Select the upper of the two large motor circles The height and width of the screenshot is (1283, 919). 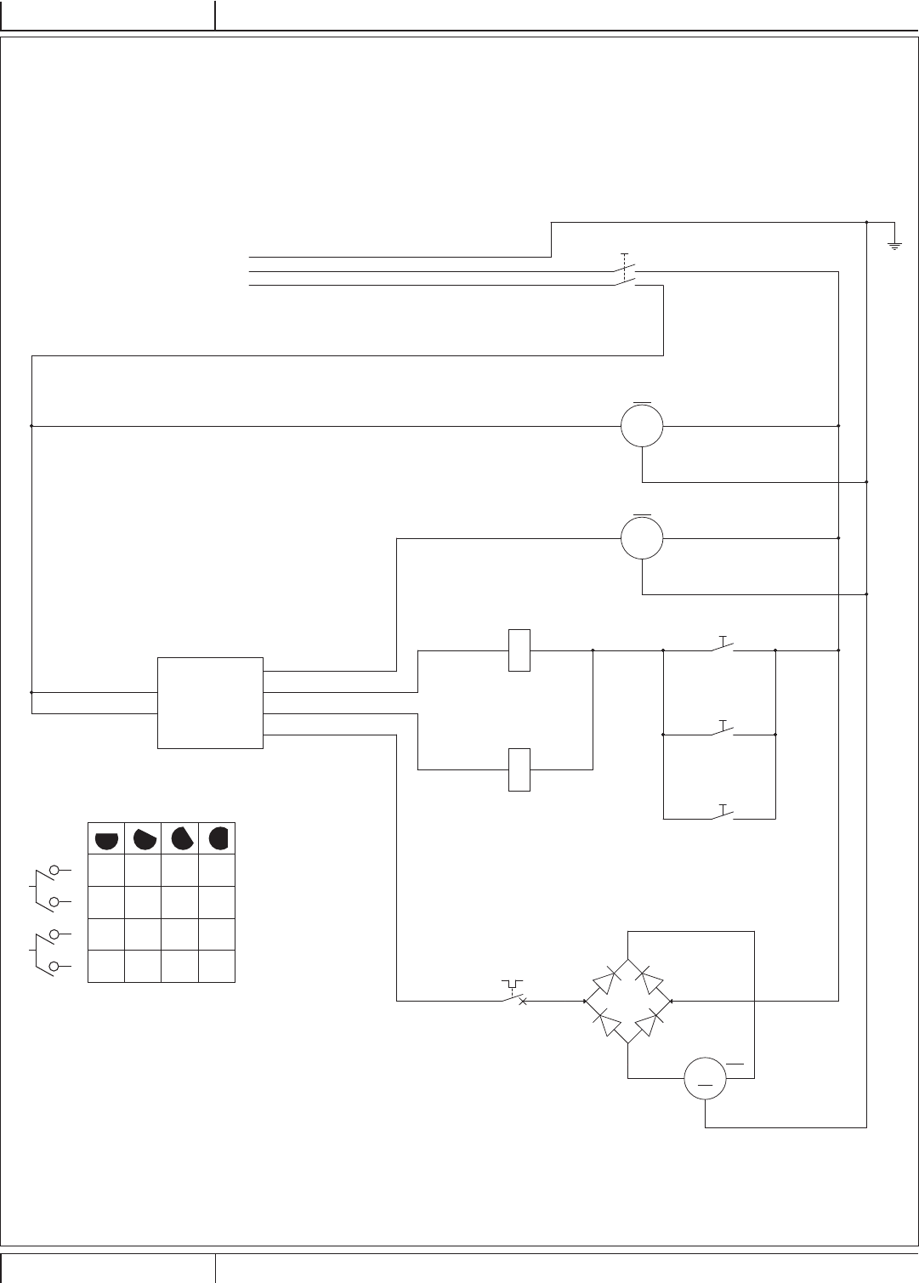(642, 425)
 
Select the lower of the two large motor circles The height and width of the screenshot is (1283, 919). (642, 537)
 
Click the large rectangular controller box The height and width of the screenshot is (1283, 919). (211, 703)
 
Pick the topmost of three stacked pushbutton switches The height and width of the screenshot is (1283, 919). (723, 648)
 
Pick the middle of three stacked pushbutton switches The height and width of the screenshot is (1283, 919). (723, 731)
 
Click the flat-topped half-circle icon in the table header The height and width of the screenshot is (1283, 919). (106, 840)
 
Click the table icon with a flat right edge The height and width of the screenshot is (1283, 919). (218, 839)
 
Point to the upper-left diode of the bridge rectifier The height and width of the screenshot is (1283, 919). (604, 980)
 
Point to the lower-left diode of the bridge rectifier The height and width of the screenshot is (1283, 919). (604, 1022)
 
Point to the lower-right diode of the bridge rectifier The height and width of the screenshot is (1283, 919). (650, 1022)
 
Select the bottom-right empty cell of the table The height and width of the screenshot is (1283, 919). (217, 967)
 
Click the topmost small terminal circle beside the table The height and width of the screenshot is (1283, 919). (55, 870)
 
